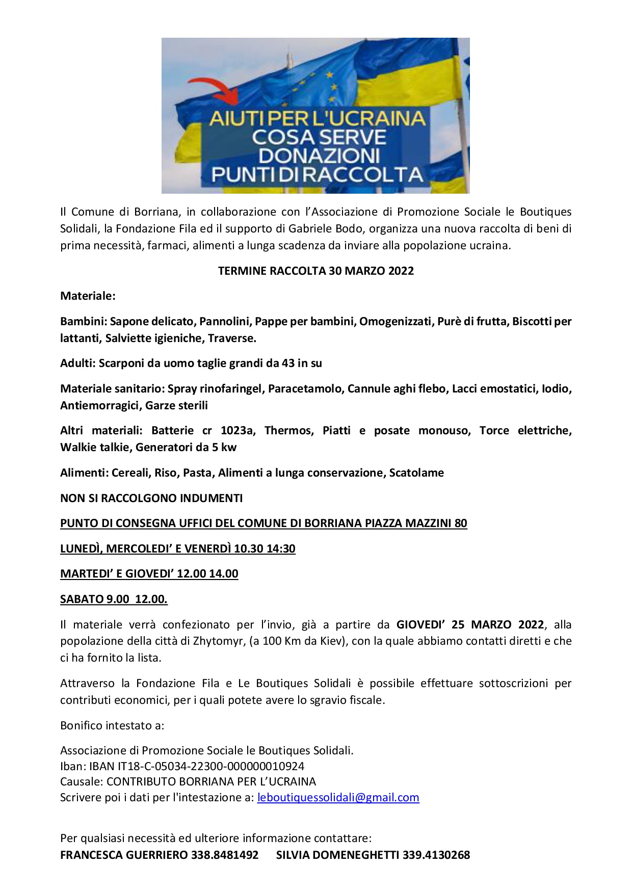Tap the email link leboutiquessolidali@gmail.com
[x=338, y=798]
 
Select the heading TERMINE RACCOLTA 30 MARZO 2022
[x=315, y=271]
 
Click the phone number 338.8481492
[x=224, y=855]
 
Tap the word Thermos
[x=289, y=431]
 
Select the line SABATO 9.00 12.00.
[x=114, y=599]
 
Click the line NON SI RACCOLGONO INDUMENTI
[x=151, y=498]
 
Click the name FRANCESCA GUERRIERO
[x=124, y=855]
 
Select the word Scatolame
[x=416, y=473]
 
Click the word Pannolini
[x=224, y=322]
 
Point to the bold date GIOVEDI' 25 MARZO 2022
[x=470, y=625]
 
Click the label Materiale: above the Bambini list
[x=88, y=296]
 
